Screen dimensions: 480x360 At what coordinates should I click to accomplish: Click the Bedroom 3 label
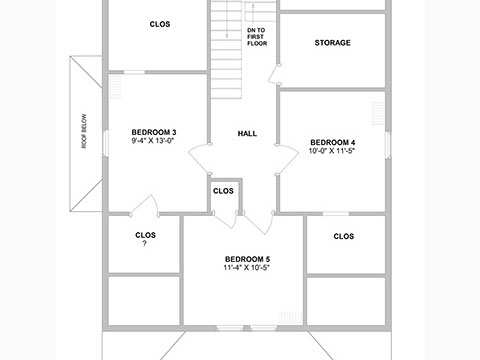tap(154, 132)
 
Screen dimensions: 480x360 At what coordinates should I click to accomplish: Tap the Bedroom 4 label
tap(333, 142)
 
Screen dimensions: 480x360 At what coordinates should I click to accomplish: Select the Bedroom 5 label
tap(247, 259)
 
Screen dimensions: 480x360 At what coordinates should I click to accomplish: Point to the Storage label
tap(333, 43)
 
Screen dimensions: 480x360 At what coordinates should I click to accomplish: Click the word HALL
tap(247, 134)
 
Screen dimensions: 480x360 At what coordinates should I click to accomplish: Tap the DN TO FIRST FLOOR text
tap(257, 37)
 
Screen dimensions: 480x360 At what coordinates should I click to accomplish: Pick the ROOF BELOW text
tap(84, 131)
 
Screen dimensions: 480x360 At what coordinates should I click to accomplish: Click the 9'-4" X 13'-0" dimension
tap(153, 141)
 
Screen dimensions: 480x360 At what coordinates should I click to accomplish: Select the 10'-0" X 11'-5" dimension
tap(332, 151)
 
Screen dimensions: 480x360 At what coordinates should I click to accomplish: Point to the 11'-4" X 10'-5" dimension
tap(247, 267)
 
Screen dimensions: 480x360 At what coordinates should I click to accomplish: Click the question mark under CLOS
tap(145, 243)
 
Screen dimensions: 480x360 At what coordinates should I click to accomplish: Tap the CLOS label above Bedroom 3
tap(160, 24)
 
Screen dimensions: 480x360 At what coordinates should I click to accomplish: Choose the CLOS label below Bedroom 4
tap(344, 236)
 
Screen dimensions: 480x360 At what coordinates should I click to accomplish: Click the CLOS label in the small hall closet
tap(223, 191)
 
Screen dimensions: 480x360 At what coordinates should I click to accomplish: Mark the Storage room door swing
tap(273, 74)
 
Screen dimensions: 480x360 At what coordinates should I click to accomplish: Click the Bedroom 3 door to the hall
tap(199, 157)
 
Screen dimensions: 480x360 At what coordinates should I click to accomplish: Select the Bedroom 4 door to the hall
tap(289, 158)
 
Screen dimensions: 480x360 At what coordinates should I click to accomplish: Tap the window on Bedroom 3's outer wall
tap(106, 143)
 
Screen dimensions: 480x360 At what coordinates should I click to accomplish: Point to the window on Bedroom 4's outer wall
tap(388, 144)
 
